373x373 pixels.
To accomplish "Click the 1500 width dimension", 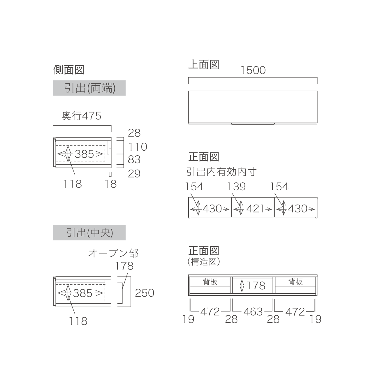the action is click(x=253, y=70).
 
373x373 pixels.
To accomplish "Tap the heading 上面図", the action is click(x=204, y=64).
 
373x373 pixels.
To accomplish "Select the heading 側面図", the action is click(x=69, y=70).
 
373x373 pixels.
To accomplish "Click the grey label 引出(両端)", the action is click(x=89, y=88).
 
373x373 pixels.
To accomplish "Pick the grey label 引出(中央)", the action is click(x=89, y=233).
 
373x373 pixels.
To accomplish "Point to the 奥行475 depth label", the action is click(x=82, y=116).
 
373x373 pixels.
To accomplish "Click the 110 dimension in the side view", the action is click(x=138, y=147).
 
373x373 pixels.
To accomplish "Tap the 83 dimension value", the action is click(x=134, y=159).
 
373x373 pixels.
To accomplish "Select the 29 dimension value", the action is click(x=134, y=174).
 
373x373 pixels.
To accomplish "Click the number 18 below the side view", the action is click(x=111, y=184).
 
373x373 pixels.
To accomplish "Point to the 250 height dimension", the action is click(x=145, y=293).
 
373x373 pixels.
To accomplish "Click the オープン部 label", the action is click(x=113, y=253).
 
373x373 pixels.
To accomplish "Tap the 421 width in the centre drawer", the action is click(x=255, y=209).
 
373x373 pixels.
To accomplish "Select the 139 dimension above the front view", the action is click(x=236, y=186).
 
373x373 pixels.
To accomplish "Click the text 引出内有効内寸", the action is click(x=222, y=172).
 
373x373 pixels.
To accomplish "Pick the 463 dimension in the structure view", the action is click(x=253, y=312).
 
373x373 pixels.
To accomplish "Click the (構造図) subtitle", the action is click(x=204, y=262).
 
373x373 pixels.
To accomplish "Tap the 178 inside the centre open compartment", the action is click(x=256, y=286).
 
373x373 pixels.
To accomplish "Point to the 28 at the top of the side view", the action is click(x=134, y=133).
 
